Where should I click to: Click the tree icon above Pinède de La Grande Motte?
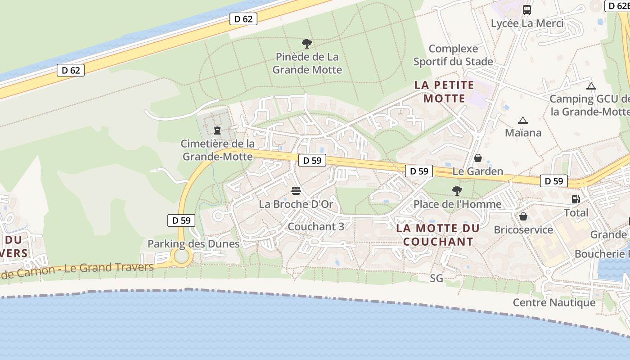click(307, 44)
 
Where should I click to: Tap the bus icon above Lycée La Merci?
click(526, 9)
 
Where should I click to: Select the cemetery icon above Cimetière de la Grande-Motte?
click(217, 130)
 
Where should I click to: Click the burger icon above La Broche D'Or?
click(296, 191)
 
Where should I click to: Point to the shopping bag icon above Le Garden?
click(478, 158)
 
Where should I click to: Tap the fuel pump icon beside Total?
click(576, 199)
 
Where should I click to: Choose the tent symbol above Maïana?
click(522, 120)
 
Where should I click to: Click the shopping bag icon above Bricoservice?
click(523, 216)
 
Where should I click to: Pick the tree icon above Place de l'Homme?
click(457, 191)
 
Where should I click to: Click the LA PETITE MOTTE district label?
click(444, 91)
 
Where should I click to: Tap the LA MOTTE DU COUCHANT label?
click(438, 235)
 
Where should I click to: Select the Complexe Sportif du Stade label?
click(453, 55)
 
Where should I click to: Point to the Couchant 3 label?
click(316, 226)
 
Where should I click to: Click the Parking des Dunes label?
click(193, 244)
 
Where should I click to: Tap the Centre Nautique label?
click(554, 302)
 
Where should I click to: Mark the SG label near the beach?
click(436, 278)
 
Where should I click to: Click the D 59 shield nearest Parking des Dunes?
click(181, 220)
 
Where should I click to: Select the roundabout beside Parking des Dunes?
click(182, 256)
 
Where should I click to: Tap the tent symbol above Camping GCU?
click(591, 86)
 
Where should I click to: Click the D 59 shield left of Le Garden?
click(419, 171)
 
